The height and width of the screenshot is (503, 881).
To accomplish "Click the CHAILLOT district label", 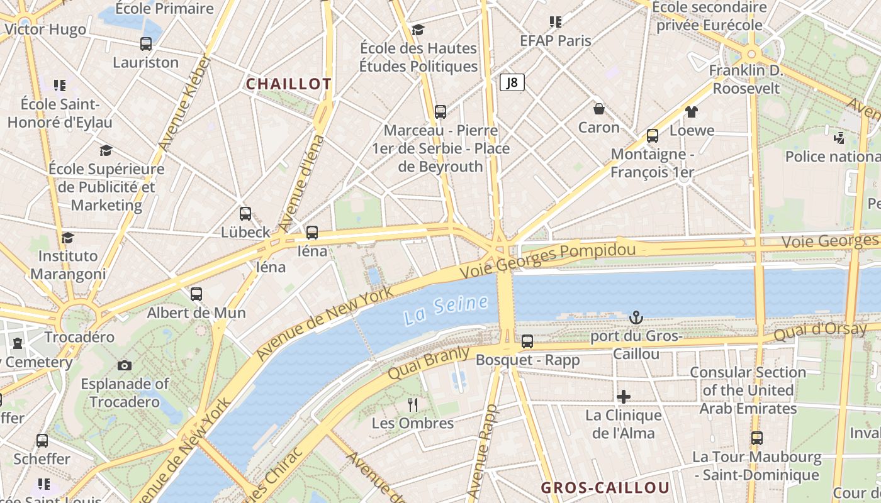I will [x=288, y=84].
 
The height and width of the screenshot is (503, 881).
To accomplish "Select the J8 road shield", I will [x=512, y=82].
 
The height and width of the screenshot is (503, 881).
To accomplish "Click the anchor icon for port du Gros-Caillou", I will [x=636, y=318].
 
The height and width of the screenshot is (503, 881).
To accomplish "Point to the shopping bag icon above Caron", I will [x=599, y=109].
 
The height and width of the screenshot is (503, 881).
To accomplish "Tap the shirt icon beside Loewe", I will [x=692, y=112].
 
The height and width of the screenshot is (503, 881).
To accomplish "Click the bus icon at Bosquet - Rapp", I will [x=527, y=341].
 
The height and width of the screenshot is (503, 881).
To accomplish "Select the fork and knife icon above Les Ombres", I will [x=413, y=404].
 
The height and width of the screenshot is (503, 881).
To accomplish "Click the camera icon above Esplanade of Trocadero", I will [x=125, y=365].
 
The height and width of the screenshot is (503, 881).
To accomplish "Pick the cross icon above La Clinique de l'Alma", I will [x=624, y=396].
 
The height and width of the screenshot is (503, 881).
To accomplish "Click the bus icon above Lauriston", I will [x=146, y=44].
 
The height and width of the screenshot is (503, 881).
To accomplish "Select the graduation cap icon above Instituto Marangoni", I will [x=67, y=238].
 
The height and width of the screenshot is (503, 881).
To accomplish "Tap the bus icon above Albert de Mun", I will [x=196, y=294].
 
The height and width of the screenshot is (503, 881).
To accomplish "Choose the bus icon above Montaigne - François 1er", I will [x=653, y=135].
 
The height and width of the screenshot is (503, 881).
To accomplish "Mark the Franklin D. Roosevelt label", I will [x=746, y=79].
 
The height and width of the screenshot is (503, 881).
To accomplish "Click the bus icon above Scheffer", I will [x=42, y=440].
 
